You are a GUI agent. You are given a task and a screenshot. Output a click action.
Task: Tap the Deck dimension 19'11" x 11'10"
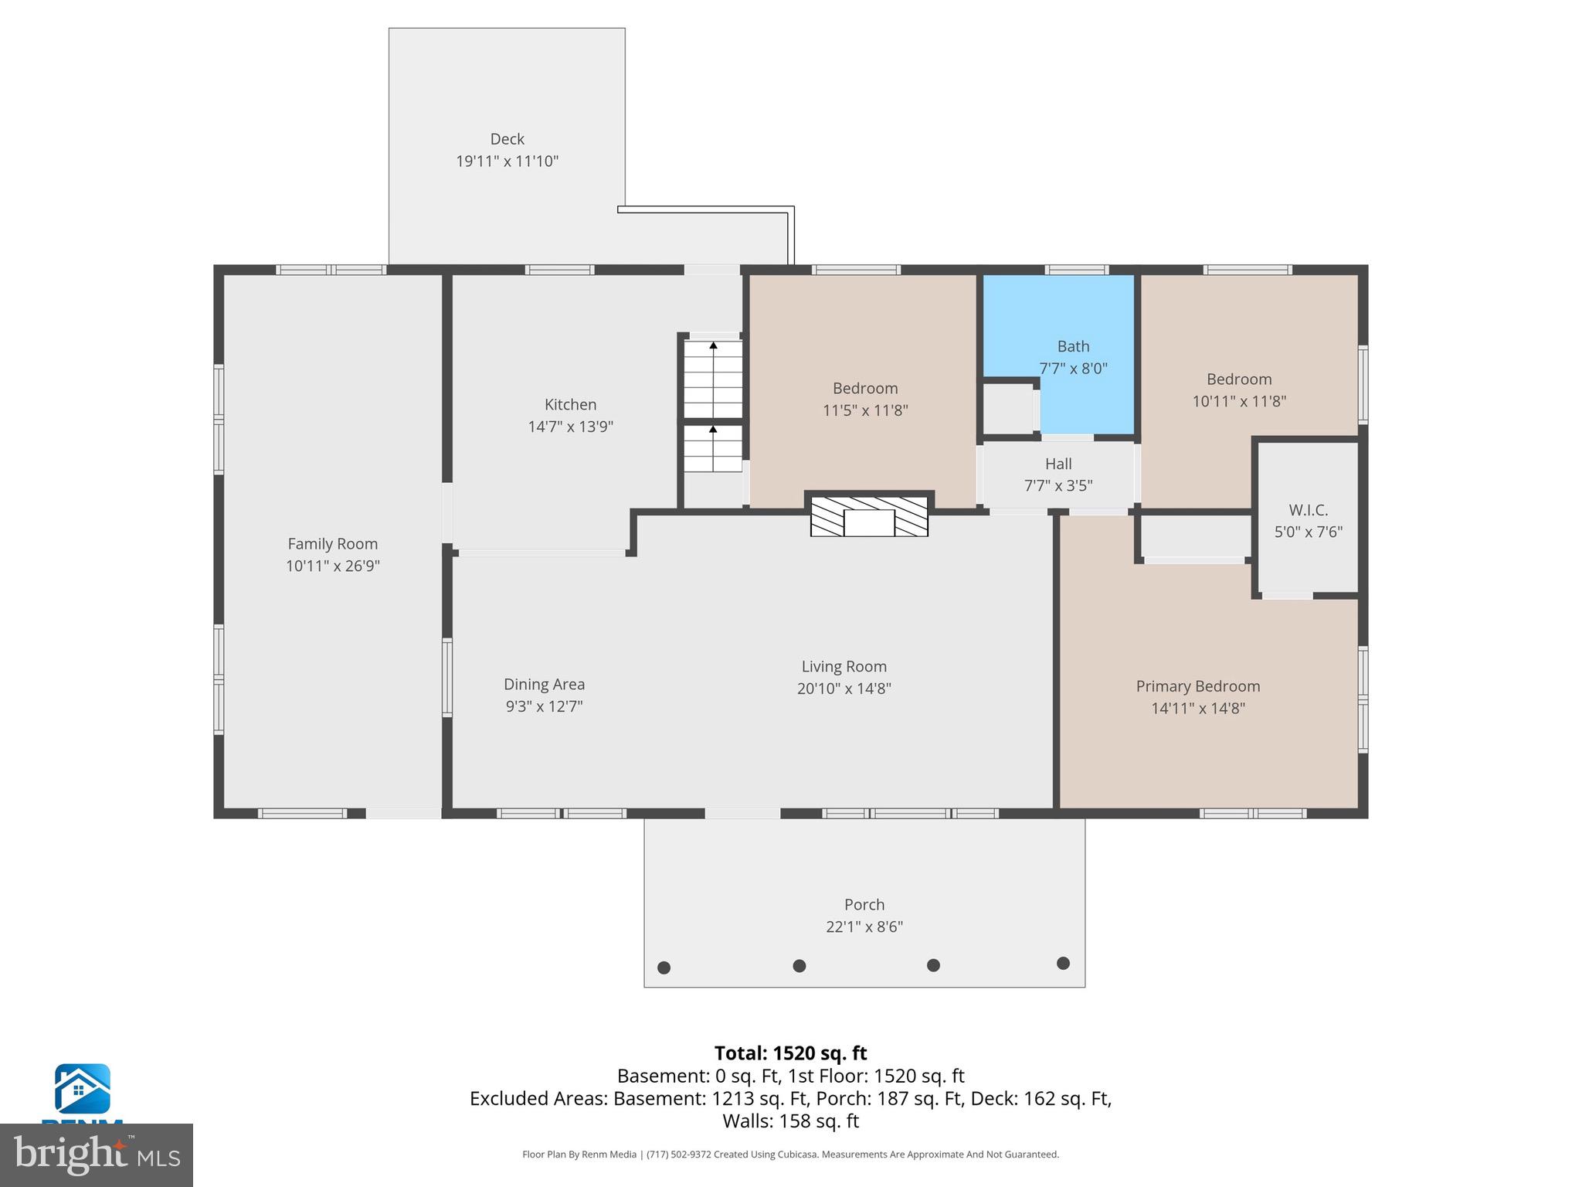(x=507, y=162)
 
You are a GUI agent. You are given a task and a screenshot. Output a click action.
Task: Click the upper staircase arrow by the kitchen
(x=713, y=345)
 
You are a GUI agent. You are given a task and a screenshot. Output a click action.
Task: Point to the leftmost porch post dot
(x=664, y=968)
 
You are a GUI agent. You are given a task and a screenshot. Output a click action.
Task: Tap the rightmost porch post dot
(x=1063, y=963)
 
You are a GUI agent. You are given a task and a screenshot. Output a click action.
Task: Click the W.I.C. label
(x=1308, y=510)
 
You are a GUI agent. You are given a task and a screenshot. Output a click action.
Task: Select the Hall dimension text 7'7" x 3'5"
(x=1057, y=486)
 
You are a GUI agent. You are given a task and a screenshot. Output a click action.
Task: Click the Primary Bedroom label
(x=1197, y=686)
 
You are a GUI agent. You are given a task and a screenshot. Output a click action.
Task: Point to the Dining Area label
(x=544, y=684)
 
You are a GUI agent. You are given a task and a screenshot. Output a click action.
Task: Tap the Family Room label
(x=332, y=544)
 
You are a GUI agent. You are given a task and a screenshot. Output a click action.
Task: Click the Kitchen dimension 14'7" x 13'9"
(x=570, y=427)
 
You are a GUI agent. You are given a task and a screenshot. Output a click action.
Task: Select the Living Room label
(x=844, y=666)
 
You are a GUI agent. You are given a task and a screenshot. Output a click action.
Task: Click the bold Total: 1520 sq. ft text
(x=790, y=1053)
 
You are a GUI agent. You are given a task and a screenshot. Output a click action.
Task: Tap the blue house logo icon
(x=82, y=1088)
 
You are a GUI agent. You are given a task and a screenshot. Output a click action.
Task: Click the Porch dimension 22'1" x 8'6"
(x=864, y=927)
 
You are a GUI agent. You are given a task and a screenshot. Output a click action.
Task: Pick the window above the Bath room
(x=1077, y=270)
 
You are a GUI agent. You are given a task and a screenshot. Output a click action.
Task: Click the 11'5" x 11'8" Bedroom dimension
(x=865, y=410)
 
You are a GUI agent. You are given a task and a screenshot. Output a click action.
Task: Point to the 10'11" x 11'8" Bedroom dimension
(x=1238, y=401)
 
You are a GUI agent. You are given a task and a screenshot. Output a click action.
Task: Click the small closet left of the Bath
(x=1007, y=409)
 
